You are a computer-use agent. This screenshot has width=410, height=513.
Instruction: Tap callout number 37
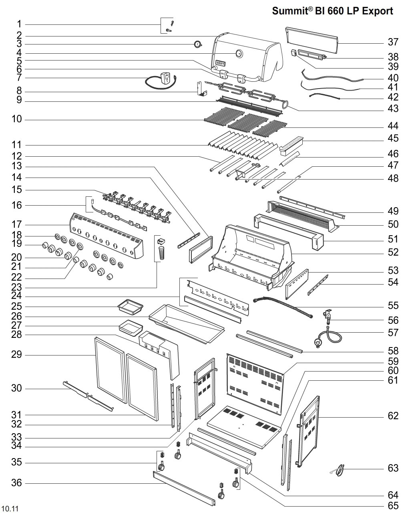pyautogui.click(x=393, y=42)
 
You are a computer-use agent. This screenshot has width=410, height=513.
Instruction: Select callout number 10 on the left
pyautogui.click(x=17, y=119)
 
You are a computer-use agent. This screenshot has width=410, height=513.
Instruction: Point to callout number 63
pyautogui.click(x=393, y=468)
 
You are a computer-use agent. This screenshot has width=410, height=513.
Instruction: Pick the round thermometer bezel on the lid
pyautogui.click(x=239, y=53)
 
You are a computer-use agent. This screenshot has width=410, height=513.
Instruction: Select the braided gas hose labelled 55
pyautogui.click(x=283, y=307)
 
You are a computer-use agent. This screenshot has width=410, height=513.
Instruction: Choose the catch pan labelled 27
pyautogui.click(x=131, y=327)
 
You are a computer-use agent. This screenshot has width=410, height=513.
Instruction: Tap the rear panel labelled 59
pyautogui.click(x=255, y=384)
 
